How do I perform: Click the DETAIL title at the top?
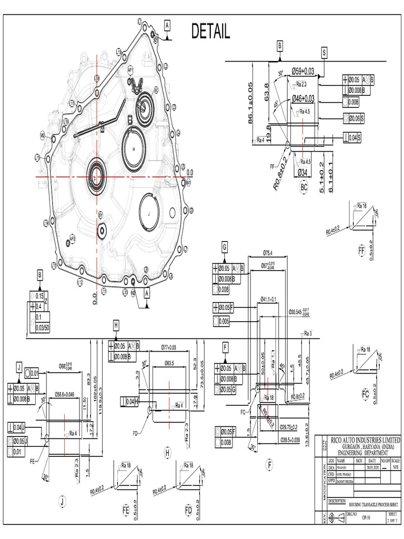click(x=210, y=33)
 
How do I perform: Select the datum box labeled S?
click(x=324, y=53)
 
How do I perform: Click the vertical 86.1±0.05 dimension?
click(x=250, y=104)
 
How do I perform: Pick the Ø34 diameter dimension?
click(x=302, y=173)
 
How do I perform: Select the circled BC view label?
click(x=304, y=186)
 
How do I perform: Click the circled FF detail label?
click(x=361, y=251)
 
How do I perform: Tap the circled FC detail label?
click(x=365, y=394)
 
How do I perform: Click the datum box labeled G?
click(x=225, y=246)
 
